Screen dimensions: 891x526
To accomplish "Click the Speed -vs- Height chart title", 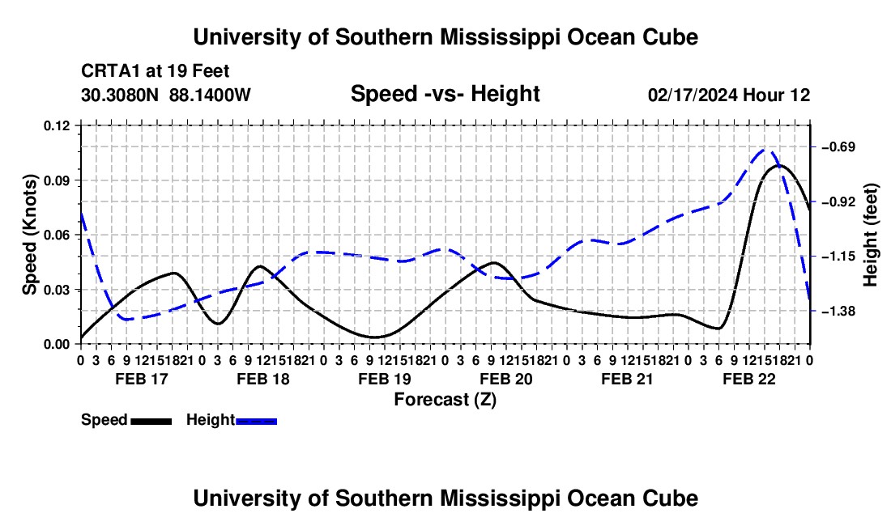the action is (x=445, y=94).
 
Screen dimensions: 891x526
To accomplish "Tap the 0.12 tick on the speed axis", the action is (x=57, y=126).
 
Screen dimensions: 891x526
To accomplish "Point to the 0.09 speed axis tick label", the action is (x=57, y=180).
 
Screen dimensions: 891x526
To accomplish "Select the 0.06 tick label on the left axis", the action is (x=57, y=235).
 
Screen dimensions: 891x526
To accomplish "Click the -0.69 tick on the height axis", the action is (x=838, y=147).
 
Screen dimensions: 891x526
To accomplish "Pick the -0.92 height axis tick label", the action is (x=838, y=202).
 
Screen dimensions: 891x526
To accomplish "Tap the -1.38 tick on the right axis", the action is (x=838, y=311).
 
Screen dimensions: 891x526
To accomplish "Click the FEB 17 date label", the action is (x=142, y=379).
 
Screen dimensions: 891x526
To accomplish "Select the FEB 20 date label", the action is (x=506, y=379).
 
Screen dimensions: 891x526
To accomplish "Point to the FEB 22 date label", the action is (x=749, y=379).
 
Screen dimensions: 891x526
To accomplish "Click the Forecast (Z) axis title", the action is (x=445, y=400).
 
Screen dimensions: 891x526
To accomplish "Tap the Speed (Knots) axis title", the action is (x=29, y=235).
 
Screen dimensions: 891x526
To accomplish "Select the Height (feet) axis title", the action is (x=871, y=235).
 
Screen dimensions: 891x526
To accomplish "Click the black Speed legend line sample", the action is (x=151, y=421).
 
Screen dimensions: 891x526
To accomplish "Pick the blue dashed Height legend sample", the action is (x=256, y=421).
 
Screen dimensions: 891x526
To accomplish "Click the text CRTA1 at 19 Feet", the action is (x=156, y=71).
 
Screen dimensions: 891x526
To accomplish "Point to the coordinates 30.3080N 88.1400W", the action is (x=165, y=95).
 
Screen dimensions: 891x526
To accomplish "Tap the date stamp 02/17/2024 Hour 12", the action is (x=729, y=95).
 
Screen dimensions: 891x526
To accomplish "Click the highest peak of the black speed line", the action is (x=779, y=165).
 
